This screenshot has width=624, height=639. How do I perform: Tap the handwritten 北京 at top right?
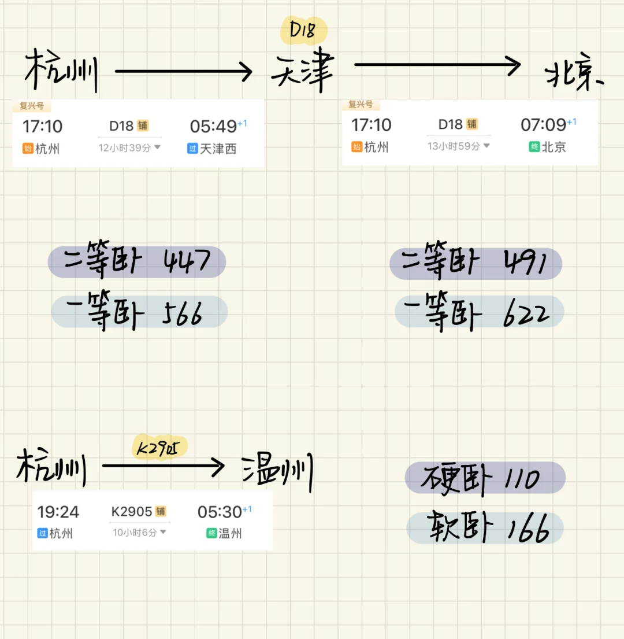(x=573, y=76)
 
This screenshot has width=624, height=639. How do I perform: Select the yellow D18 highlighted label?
(x=303, y=31)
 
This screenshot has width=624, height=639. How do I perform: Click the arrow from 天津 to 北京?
(x=437, y=65)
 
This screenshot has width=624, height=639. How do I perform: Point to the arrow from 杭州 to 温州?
(x=162, y=466)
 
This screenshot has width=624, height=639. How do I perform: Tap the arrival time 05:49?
(x=213, y=126)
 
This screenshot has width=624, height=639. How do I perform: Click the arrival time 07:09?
(x=544, y=124)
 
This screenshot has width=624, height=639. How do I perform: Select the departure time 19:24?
(x=58, y=512)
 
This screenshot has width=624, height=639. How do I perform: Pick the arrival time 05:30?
(x=220, y=512)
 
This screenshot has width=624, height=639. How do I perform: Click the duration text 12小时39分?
(x=125, y=148)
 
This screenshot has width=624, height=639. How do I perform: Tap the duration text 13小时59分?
(x=454, y=146)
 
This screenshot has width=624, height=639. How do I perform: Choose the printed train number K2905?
(x=132, y=512)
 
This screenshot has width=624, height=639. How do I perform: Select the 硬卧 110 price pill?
(x=484, y=478)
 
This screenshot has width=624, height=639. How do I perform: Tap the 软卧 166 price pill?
(x=484, y=529)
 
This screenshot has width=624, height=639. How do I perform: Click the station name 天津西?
(x=218, y=149)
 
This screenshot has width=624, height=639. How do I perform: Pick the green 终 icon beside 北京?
(x=534, y=147)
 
